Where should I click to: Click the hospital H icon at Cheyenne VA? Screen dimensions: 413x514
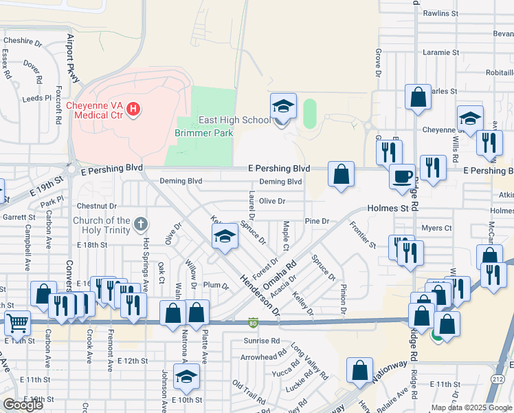[x=134, y=109]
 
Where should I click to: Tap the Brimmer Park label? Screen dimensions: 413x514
[x=204, y=133]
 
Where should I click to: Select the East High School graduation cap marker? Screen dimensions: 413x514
[x=282, y=106]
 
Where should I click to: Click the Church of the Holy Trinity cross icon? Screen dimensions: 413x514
[x=140, y=223]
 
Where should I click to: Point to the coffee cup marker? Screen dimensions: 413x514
[x=401, y=176]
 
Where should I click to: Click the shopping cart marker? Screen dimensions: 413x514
[x=17, y=322]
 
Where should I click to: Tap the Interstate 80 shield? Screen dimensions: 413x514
[x=254, y=321]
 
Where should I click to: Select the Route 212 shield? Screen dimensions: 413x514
[x=498, y=380]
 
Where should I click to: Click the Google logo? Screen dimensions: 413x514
[x=23, y=405]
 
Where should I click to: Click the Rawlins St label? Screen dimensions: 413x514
[x=440, y=13]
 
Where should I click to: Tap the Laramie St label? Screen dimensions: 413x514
[x=440, y=52]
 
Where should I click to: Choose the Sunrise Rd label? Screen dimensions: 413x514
[x=261, y=341]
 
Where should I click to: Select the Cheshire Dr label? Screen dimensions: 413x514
[x=23, y=41]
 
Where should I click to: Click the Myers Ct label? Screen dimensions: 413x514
[x=436, y=228]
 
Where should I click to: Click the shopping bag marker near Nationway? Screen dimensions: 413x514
[x=359, y=370]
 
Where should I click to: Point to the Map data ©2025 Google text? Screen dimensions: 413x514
[x=471, y=407]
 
